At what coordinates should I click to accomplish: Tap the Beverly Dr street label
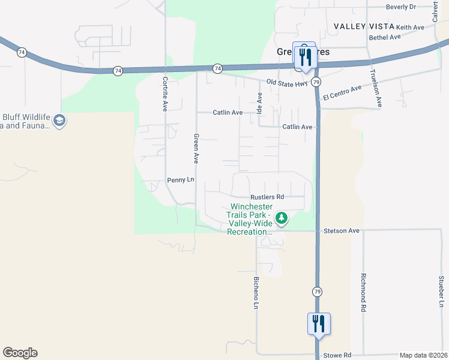pyautogui.click(x=401, y=7)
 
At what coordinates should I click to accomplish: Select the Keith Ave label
pyautogui.click(x=410, y=28)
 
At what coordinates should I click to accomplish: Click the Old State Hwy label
pyautogui.click(x=288, y=83)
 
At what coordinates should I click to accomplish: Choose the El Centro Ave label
pyautogui.click(x=342, y=92)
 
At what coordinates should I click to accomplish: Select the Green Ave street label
pyautogui.click(x=196, y=148)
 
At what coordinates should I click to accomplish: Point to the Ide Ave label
pyautogui.click(x=260, y=103)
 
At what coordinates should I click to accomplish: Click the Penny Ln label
pyautogui.click(x=181, y=180)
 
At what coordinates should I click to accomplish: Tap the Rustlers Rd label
pyautogui.click(x=267, y=197)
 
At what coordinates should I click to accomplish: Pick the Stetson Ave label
pyautogui.click(x=341, y=230)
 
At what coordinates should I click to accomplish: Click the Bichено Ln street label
pyautogui.click(x=256, y=292)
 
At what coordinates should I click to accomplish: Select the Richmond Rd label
pyautogui.click(x=363, y=292)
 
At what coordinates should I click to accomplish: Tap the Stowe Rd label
pyautogui.click(x=337, y=355)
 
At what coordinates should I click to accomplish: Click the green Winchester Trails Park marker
pyautogui.click(x=280, y=218)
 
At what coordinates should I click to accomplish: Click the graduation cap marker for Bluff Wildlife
pyautogui.click(x=59, y=121)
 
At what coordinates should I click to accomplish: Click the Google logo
pyautogui.click(x=20, y=353)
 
